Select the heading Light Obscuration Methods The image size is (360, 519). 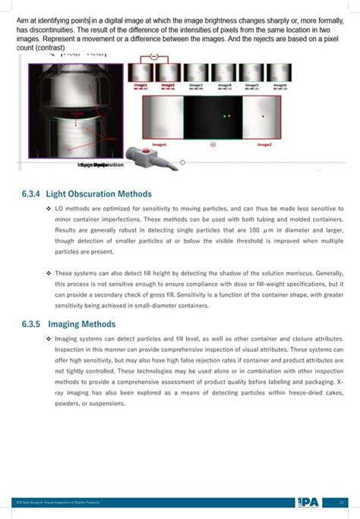[x=99, y=193]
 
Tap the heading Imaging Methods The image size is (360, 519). [x=83, y=324]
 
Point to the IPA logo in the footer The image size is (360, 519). [x=308, y=502]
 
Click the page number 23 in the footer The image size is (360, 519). [x=342, y=502]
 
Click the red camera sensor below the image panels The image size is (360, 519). [x=147, y=157]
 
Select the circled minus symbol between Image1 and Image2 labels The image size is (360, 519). [x=213, y=143]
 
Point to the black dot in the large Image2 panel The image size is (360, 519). [x=263, y=117]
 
